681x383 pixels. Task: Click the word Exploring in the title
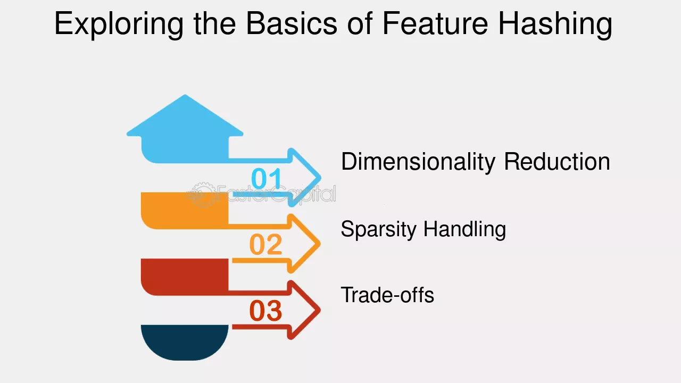pos(119,24)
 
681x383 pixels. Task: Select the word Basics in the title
pos(292,23)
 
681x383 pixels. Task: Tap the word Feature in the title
pos(435,24)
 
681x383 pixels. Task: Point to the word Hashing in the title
pos(555,24)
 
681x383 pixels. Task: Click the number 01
pos(266,178)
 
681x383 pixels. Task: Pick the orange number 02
pos(265,244)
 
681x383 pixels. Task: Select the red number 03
pos(265,311)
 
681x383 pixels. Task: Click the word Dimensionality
pos(418,162)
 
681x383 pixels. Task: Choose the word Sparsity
pos(378,230)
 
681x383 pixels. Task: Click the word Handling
pos(465,230)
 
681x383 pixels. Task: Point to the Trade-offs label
pos(387,295)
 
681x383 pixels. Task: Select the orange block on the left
pos(185,210)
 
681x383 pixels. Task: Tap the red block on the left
pos(185,277)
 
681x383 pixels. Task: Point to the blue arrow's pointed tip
pos(320,178)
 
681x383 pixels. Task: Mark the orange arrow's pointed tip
pos(320,244)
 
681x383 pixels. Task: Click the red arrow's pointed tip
pos(320,310)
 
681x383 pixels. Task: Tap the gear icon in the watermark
pos(203,195)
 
